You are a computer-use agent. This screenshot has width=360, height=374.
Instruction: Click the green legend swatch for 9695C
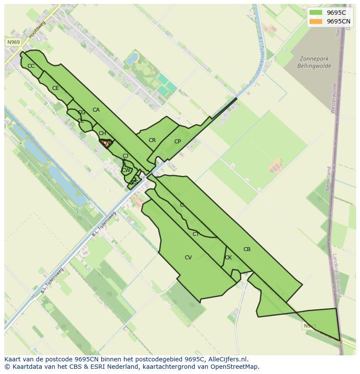pos(316,13)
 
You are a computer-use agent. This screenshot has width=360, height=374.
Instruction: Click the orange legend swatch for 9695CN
pos(316,21)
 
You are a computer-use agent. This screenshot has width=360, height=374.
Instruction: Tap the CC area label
pos(31,66)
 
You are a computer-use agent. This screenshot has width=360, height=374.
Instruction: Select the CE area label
pos(56,88)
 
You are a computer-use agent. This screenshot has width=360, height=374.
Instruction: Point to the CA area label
pos(96,110)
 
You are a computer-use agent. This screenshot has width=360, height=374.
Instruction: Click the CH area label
pos(102,133)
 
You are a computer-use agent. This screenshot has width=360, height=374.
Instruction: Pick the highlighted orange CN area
pos(106,143)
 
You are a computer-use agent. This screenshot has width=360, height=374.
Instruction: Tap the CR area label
pos(152,140)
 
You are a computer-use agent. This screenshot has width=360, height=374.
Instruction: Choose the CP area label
pos(177,142)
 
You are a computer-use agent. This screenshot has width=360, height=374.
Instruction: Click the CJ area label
pos(125,156)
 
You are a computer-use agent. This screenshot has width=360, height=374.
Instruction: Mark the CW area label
pos(126,170)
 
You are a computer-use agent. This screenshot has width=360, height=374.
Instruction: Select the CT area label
pos(196,234)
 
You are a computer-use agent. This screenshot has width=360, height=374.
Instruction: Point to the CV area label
pos(188,258)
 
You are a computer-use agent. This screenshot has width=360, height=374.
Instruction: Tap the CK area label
pos(228,258)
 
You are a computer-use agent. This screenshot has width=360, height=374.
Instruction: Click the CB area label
pos(247,249)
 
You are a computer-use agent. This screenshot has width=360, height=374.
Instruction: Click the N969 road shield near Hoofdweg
pos(13,42)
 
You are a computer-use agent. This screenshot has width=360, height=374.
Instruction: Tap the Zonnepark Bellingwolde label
pos(314,63)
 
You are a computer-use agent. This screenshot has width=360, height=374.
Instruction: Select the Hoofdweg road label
pos(37,31)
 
